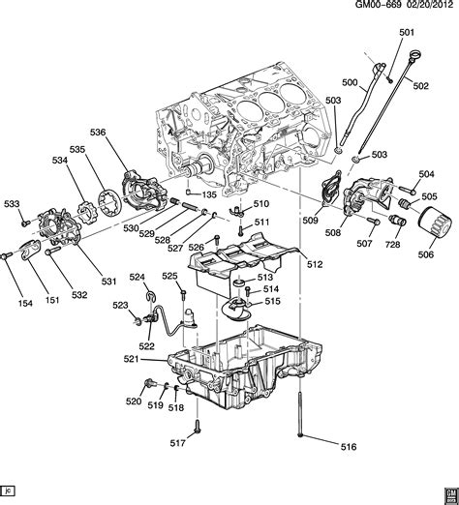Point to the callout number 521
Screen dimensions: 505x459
pyautogui.click(x=132, y=359)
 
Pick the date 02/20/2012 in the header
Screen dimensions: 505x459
pyautogui.click(x=423, y=8)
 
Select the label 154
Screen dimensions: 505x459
pyautogui.click(x=14, y=303)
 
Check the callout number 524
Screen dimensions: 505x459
pyautogui.click(x=138, y=278)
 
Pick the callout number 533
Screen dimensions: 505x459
pyautogui.click(x=12, y=203)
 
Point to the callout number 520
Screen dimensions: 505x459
pyautogui.click(x=133, y=401)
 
